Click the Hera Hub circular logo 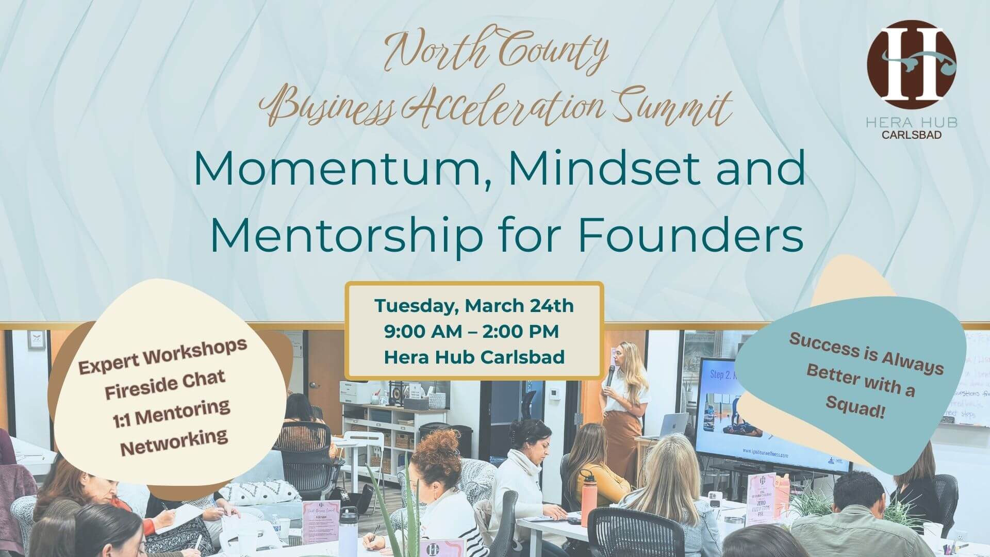[911, 64]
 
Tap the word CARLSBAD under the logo [911, 135]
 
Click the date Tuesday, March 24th [474, 306]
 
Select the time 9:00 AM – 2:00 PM [471, 332]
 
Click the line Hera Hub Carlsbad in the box [474, 357]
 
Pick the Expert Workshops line [162, 356]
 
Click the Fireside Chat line [165, 384]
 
